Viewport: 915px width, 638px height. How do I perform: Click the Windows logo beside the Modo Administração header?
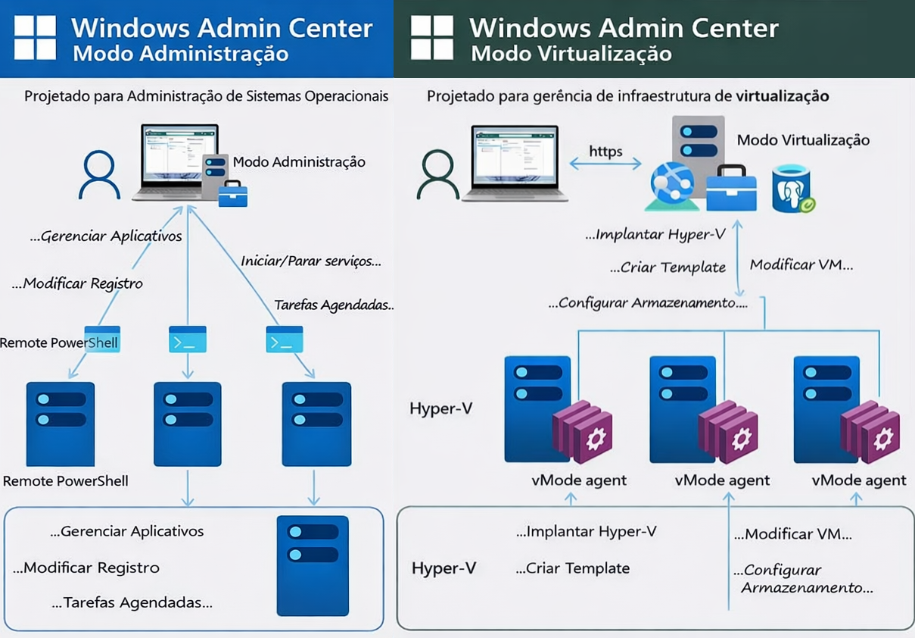(35, 38)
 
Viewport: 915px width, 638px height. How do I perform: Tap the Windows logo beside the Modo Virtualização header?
(431, 38)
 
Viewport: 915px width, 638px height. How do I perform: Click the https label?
(605, 151)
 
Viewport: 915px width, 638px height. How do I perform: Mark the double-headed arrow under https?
(605, 164)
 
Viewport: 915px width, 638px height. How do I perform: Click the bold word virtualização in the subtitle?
(782, 96)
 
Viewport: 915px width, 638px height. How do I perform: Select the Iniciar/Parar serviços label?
(310, 261)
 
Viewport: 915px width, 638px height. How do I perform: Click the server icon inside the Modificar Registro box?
(313, 565)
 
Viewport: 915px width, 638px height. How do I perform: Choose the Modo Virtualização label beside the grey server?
(803, 140)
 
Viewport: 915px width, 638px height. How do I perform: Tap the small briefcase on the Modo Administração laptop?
(232, 194)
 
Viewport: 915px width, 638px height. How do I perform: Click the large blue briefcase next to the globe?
(731, 189)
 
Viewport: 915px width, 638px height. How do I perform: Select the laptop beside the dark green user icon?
(515, 164)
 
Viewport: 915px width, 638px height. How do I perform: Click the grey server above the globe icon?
(698, 141)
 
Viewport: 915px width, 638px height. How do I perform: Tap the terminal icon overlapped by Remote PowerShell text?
(103, 339)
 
